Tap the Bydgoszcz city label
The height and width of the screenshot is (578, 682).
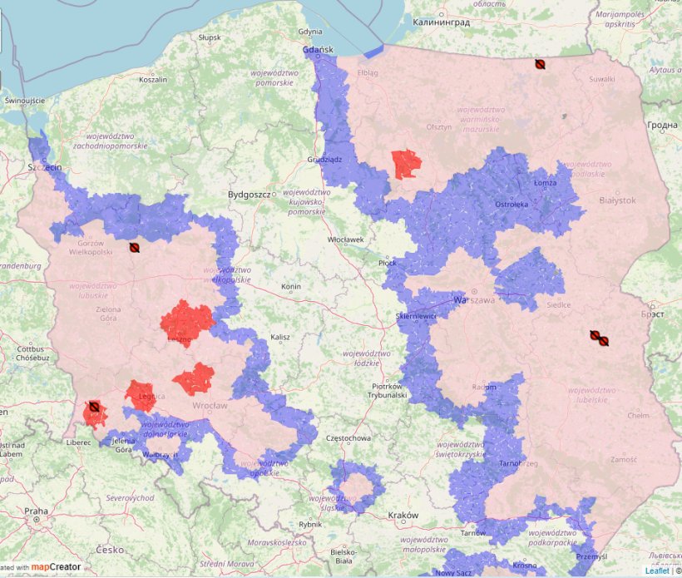coord(250,195)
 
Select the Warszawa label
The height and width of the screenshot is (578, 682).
coord(473,299)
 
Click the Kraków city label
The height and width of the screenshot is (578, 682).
coord(403,516)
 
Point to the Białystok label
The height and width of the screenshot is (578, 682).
coord(617,200)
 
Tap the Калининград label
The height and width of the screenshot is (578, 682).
coord(441,22)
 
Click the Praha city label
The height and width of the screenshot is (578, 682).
coord(36,511)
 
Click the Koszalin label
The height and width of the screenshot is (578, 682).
coord(153,80)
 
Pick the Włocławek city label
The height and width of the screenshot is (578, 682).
coord(345,240)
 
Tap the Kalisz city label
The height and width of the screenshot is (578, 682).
coord(279,338)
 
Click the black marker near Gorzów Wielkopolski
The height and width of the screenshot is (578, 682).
coord(135,247)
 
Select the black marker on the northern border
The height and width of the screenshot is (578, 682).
coord(540,63)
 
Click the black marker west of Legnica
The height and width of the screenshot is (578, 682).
coord(95,407)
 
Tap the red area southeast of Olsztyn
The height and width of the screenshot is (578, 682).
coord(406,163)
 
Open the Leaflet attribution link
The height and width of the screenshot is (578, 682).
coord(655,571)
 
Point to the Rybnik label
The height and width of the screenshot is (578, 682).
coord(310,524)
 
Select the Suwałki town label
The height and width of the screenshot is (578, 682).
coord(601,79)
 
